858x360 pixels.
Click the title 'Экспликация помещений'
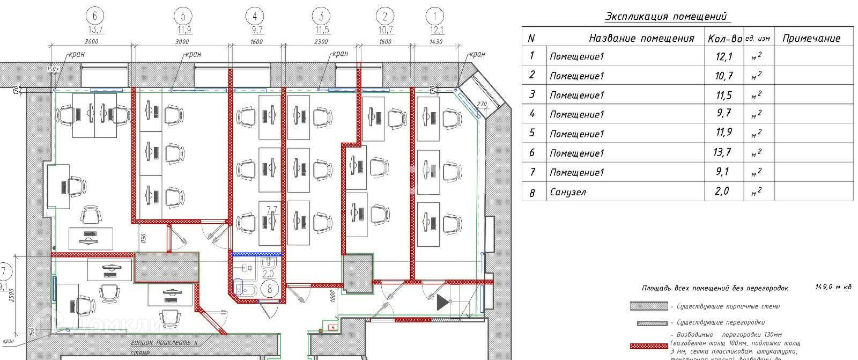click(x=667, y=16)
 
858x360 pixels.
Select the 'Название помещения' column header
click(x=641, y=38)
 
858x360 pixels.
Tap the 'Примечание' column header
click(x=811, y=38)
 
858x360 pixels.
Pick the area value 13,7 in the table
click(x=722, y=153)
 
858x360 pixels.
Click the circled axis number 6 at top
click(x=95, y=16)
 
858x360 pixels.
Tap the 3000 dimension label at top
click(x=182, y=42)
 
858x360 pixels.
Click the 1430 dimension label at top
click(x=435, y=42)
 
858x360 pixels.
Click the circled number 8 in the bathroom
click(x=270, y=288)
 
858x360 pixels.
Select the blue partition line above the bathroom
click(x=257, y=254)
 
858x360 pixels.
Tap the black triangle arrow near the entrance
click(x=442, y=303)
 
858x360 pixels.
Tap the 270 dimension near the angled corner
click(x=481, y=104)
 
